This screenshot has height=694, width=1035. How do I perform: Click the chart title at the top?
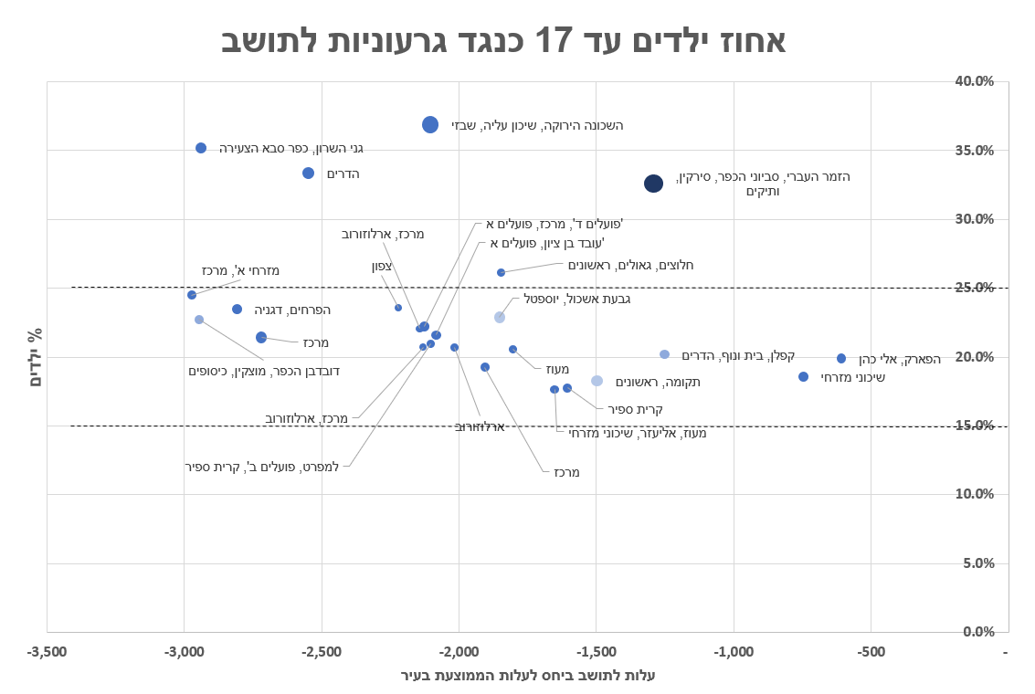tap(503, 41)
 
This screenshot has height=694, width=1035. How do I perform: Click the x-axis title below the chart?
tap(528, 676)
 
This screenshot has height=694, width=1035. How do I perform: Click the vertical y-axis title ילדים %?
tap(36, 357)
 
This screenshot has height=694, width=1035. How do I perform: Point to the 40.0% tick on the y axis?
tap(974, 81)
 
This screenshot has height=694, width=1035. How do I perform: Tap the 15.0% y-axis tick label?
tap(974, 426)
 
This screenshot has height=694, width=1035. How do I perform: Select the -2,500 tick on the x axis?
tap(322, 652)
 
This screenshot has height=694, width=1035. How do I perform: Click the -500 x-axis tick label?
tap(871, 652)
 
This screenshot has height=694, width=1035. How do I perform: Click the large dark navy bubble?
tap(653, 184)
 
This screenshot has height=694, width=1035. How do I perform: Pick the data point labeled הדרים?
tap(308, 173)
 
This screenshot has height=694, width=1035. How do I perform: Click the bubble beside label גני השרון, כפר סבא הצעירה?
tap(201, 148)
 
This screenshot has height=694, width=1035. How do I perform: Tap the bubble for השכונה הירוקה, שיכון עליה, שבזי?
tap(430, 124)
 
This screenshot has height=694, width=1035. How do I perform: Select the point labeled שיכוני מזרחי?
tap(803, 376)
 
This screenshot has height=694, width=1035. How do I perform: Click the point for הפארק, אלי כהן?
tap(841, 359)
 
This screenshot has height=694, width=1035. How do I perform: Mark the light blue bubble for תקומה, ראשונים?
tap(597, 381)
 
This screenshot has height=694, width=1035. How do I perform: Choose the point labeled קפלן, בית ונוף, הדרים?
tap(664, 354)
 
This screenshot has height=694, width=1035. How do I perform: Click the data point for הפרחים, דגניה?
tap(237, 310)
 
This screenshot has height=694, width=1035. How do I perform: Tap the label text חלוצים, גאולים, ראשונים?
tap(630, 266)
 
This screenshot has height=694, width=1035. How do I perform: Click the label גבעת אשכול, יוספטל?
tap(576, 299)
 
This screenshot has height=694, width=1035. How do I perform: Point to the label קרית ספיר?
tap(635, 409)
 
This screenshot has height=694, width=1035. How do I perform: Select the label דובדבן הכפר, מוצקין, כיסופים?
tap(264, 371)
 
